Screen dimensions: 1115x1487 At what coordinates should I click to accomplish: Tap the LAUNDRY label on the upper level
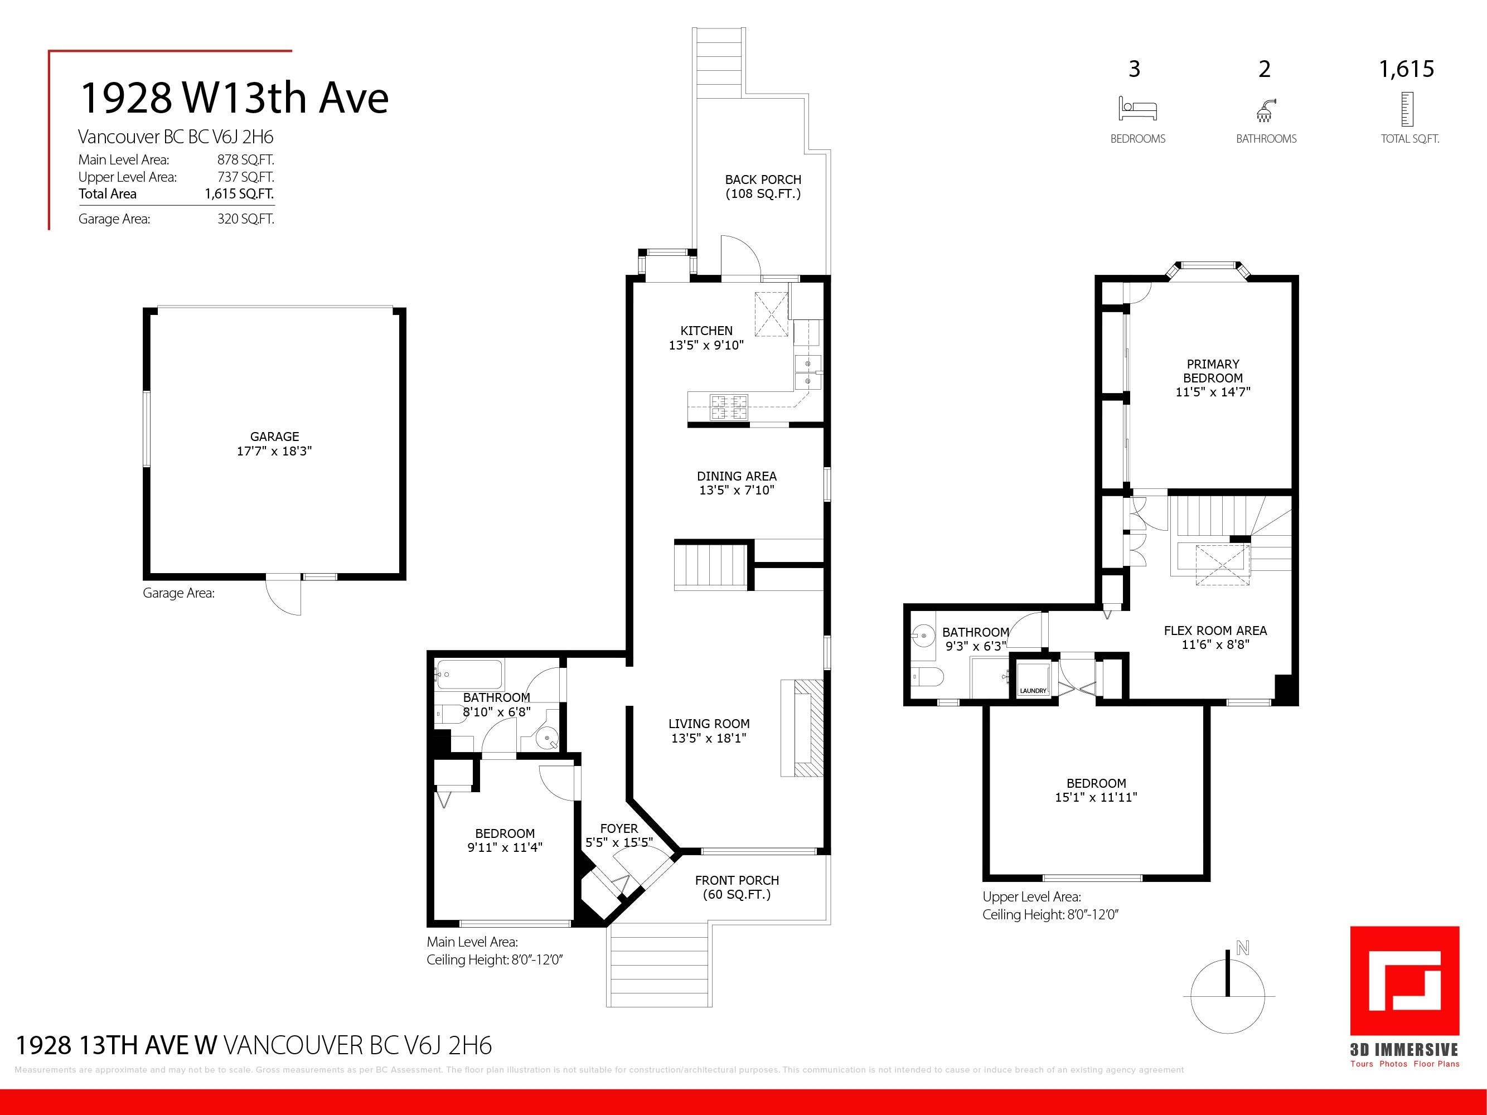pos(1033,691)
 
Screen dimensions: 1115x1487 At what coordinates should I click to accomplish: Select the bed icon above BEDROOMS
pos(1137,108)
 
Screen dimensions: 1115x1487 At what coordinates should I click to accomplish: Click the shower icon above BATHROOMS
pos(1265,110)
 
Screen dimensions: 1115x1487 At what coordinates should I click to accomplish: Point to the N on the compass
pos(1242,948)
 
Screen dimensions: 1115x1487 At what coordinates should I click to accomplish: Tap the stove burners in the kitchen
pos(729,406)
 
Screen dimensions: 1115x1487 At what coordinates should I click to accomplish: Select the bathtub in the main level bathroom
pos(468,674)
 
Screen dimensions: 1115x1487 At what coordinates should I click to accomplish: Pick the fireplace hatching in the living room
pos(808,728)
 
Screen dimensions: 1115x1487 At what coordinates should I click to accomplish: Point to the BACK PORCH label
pos(763,180)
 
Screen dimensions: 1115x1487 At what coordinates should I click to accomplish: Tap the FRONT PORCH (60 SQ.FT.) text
pos(737,887)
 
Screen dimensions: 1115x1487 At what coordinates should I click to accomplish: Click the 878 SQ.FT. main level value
pos(245,160)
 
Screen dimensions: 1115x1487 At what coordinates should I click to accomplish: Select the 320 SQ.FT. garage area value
pos(245,219)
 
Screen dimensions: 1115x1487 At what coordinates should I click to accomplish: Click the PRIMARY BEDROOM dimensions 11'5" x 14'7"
pos(1213,392)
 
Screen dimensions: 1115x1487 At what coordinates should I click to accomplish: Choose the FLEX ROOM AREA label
pos(1215,631)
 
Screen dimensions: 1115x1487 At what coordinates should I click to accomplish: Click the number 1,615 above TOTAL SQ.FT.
pos(1406,69)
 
